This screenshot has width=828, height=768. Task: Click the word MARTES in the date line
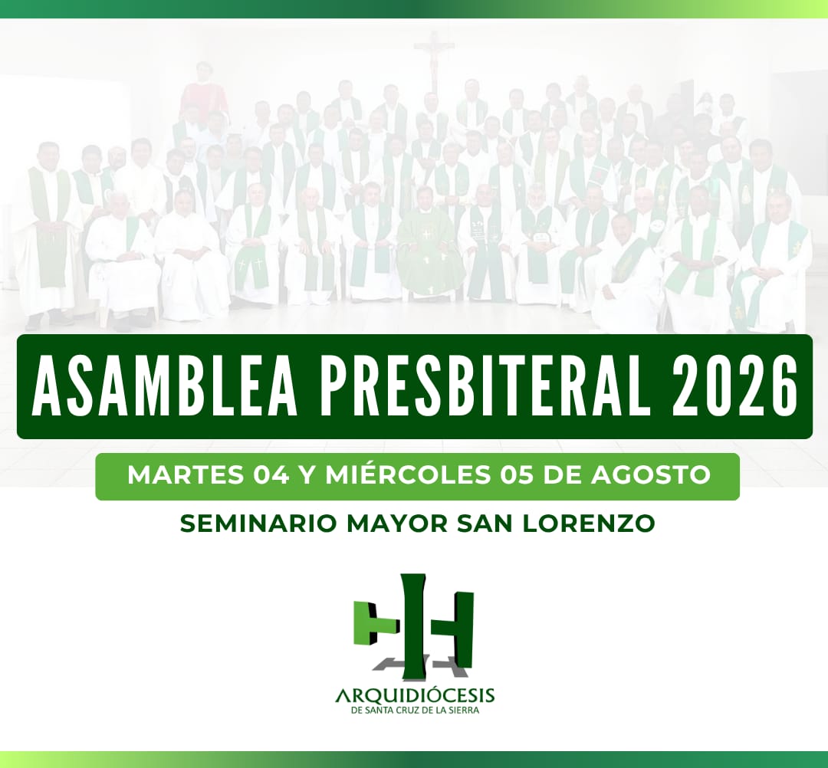(186, 475)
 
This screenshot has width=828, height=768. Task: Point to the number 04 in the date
(271, 475)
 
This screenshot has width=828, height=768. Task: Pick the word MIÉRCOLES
(407, 474)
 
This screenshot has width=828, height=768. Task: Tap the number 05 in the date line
(517, 475)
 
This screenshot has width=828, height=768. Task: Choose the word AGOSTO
(651, 475)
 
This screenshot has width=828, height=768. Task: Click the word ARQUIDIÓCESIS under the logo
(415, 695)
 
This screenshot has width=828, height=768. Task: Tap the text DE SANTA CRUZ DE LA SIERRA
(415, 711)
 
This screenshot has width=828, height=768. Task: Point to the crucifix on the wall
(434, 61)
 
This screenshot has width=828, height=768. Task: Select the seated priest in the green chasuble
(430, 243)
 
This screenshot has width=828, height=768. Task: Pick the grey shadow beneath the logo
(420, 665)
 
